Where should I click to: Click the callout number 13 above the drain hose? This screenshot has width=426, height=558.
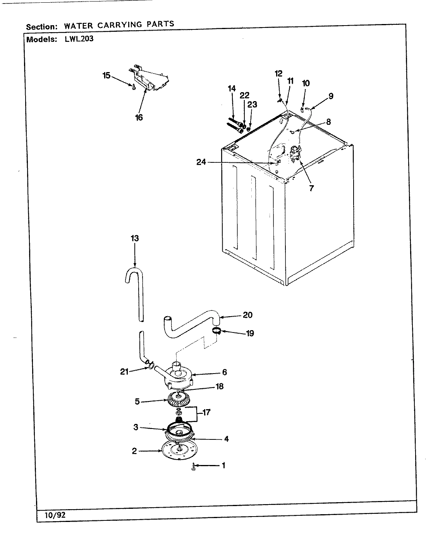134,238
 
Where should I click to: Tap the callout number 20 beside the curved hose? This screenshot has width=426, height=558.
247,315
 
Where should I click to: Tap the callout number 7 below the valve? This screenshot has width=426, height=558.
311,188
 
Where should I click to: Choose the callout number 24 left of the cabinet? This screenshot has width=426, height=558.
201,162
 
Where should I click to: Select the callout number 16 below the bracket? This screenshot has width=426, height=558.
139,117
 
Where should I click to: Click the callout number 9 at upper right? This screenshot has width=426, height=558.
331,96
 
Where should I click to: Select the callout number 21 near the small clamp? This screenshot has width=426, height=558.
124,372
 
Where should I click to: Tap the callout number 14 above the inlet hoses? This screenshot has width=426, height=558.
232,89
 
